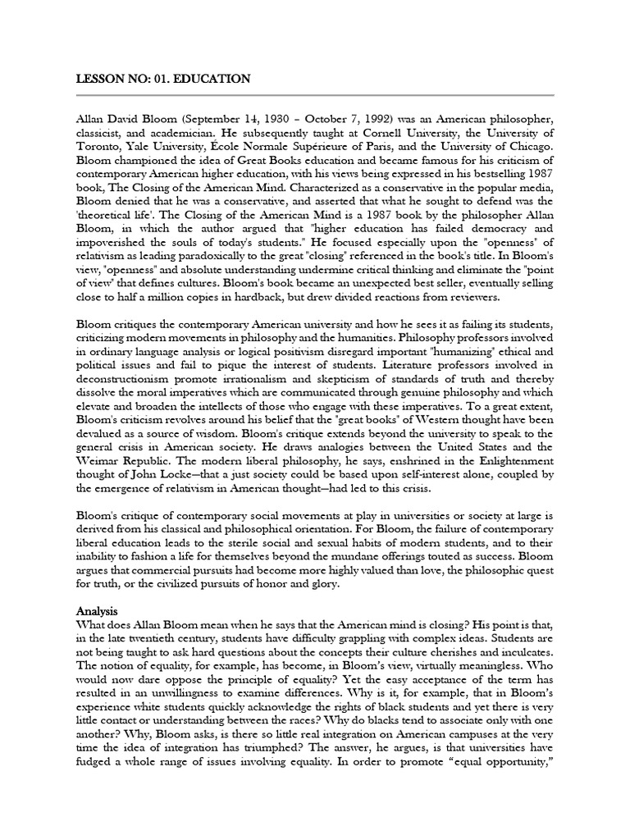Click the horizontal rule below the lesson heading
314,95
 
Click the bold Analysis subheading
98,611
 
